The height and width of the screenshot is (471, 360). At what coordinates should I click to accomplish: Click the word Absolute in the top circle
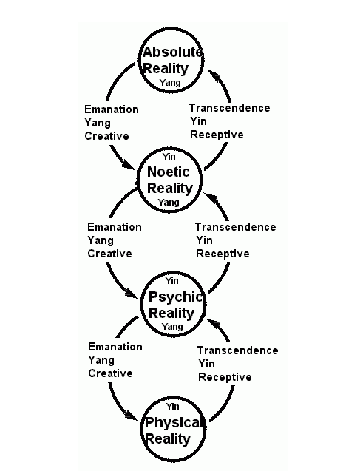point(172,52)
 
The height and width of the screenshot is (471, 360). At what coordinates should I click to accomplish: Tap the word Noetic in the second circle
point(168,172)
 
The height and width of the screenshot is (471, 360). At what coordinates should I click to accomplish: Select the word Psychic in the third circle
point(175,297)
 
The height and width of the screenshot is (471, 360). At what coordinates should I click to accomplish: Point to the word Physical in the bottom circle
point(173,423)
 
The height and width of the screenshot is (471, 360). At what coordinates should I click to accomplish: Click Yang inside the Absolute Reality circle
point(170,83)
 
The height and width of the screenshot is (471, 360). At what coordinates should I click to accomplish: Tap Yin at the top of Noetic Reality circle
point(169,157)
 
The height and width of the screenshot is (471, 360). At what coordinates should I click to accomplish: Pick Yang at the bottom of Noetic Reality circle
point(169,203)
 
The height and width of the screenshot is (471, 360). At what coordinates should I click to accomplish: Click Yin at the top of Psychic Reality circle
point(171,281)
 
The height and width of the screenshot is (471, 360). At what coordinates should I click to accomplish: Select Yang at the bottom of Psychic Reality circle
point(172,327)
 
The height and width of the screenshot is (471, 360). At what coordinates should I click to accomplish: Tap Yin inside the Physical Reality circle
point(172,407)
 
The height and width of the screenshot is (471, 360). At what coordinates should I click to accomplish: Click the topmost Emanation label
point(112,109)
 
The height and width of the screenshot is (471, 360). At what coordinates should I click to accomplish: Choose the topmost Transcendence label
point(230,108)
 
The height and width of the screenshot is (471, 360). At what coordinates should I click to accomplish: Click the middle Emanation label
point(115,227)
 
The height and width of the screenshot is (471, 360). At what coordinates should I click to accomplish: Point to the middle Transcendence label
point(236,227)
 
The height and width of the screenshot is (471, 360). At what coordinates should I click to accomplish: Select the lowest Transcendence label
point(238,350)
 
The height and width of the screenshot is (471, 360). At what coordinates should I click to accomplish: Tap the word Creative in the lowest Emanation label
point(110,373)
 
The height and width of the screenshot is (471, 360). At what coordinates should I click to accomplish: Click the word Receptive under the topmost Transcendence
point(217,135)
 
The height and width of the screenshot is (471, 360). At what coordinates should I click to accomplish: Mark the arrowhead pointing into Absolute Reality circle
point(214,75)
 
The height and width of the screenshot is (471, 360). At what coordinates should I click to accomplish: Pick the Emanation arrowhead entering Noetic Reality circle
point(129,164)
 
